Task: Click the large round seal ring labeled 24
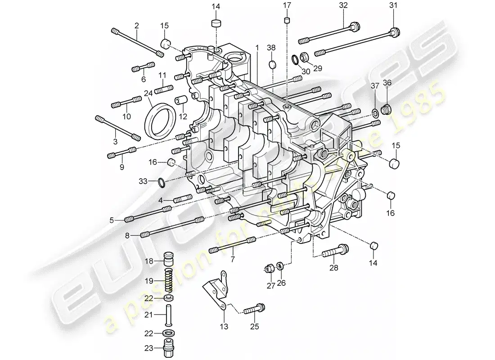[158, 121]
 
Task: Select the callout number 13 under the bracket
[224, 326]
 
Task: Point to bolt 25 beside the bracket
[255, 310]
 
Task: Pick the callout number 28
[333, 269]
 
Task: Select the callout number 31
[394, 5]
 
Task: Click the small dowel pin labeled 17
[285, 20]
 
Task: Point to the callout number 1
[257, 47]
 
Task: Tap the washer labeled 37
[374, 111]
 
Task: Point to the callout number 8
[127, 235]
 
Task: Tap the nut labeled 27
[270, 269]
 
